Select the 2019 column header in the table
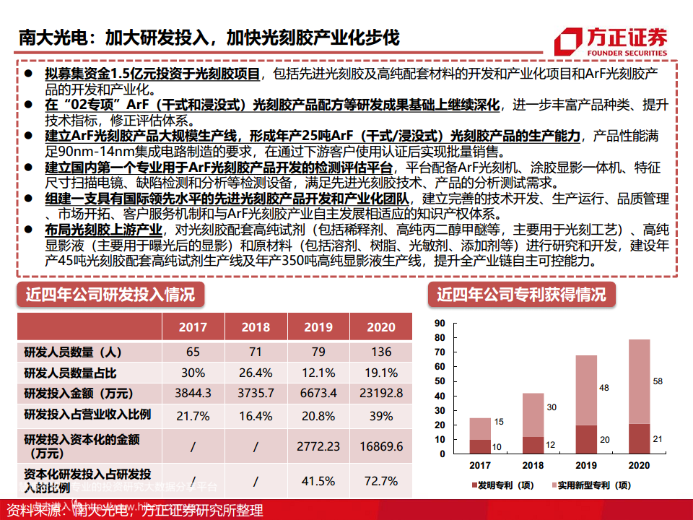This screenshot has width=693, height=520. coord(318,327)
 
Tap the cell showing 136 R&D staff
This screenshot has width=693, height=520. coord(381,352)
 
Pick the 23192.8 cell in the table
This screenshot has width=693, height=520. coord(381,393)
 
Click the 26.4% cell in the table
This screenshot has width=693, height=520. coord(256,373)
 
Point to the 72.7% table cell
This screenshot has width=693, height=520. coord(381,480)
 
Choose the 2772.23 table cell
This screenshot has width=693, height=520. coord(318,446)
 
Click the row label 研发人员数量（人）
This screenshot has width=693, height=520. coord(72,352)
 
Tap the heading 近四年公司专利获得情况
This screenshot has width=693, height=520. coord(521,295)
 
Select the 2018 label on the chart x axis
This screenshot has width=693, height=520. coord(533,466)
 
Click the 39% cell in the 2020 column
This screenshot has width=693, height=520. coord(381,415)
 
